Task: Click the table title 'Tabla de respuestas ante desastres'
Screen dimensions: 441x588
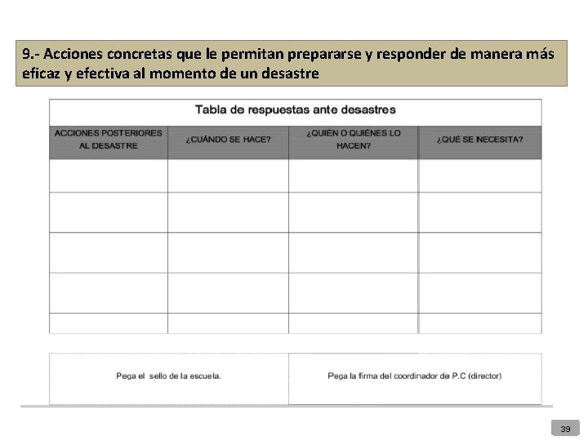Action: point(295,109)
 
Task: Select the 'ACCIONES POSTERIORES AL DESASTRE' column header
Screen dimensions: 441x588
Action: point(109,139)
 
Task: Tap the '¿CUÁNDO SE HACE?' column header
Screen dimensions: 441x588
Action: point(228,140)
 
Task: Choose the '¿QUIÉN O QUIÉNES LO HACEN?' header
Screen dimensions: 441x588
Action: point(354,140)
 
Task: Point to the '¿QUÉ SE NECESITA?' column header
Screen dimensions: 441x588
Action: point(480,140)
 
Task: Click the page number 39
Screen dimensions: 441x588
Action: point(565,428)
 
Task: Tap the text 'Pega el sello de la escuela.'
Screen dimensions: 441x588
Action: point(168,376)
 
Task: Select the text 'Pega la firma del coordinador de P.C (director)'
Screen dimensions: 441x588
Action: point(414,376)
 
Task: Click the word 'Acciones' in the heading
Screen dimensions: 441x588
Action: point(70,55)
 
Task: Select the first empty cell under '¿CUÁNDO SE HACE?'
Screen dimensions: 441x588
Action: point(228,176)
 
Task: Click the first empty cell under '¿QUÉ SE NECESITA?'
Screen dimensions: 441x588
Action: point(480,176)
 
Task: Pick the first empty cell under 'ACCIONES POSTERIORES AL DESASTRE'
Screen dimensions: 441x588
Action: point(109,176)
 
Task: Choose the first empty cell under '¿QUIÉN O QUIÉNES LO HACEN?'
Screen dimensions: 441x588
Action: point(354,176)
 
